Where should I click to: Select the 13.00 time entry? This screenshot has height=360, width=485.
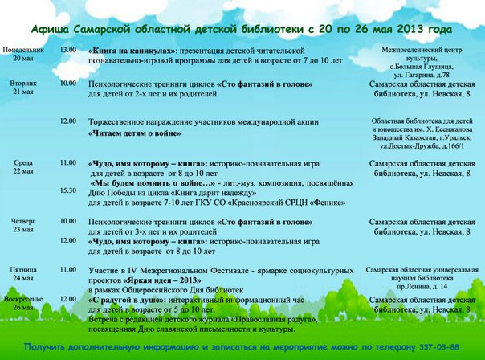click(68, 50)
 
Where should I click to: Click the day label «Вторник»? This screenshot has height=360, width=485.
click(23, 84)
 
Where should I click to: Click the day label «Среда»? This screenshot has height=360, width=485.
click(23, 163)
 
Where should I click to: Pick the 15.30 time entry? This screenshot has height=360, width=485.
click(68, 190)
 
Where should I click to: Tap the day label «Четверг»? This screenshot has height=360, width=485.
click(23, 220)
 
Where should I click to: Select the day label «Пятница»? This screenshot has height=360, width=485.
click(23, 270)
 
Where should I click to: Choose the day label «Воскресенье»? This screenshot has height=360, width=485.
click(23, 299)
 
